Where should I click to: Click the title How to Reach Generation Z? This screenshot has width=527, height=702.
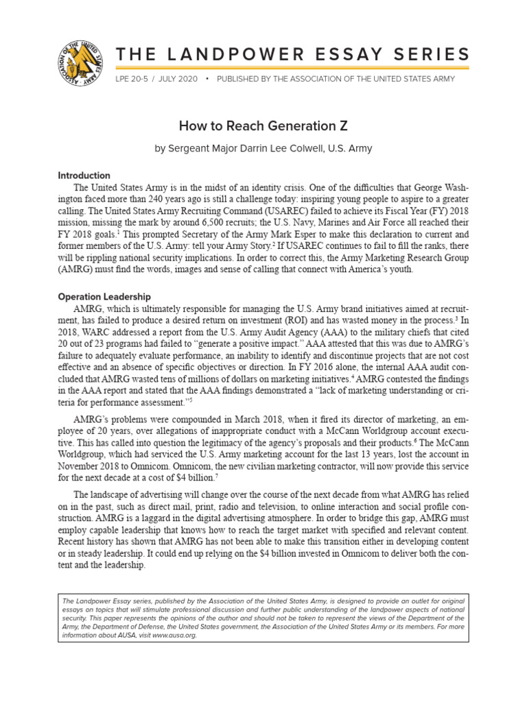263,125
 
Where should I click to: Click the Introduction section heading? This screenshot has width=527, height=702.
84,175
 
